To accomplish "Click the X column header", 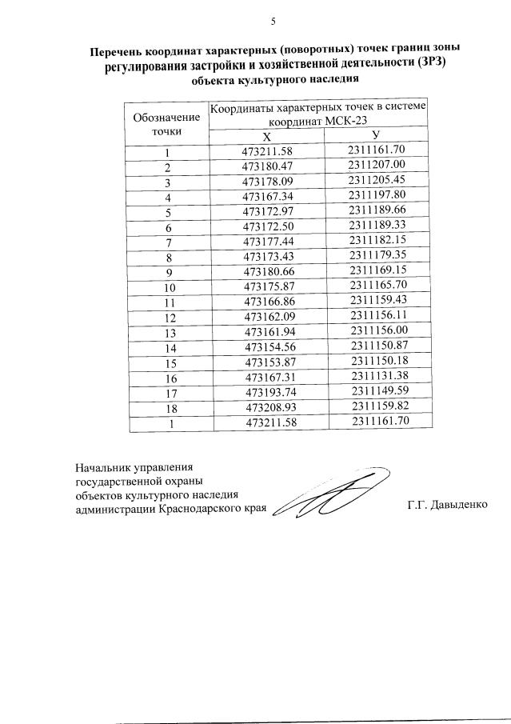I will point(266,137).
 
